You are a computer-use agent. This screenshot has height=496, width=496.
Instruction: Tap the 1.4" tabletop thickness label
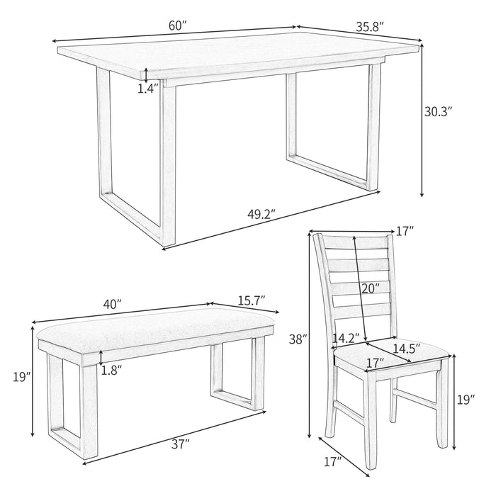point(147,89)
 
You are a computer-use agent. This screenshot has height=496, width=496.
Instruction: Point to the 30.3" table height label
point(438,111)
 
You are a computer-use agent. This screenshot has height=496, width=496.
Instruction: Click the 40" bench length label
point(112,303)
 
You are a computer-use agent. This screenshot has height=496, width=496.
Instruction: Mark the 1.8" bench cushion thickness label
point(111,369)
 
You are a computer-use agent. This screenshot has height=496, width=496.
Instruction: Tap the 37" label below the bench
point(179,444)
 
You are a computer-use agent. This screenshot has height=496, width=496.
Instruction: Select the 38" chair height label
point(298,339)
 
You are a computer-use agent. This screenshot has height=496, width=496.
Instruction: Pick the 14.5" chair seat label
point(406,348)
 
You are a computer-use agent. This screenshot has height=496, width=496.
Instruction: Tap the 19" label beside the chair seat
point(464,400)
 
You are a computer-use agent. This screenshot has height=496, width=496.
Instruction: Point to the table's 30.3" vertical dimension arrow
point(423,120)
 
